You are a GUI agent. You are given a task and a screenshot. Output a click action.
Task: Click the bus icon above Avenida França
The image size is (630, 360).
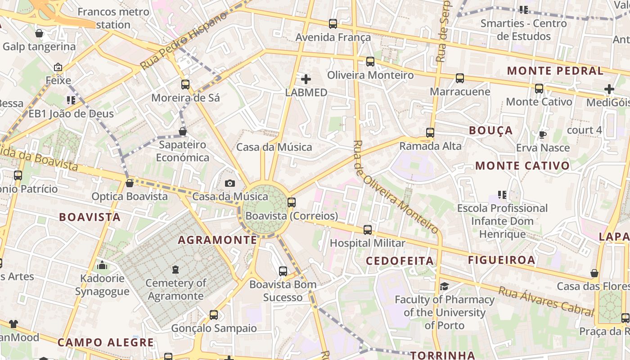coord(333,24)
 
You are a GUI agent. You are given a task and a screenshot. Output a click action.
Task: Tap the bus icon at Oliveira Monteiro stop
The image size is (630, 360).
coord(370,62)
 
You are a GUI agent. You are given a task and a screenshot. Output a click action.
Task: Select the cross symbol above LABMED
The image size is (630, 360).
coord(306,80)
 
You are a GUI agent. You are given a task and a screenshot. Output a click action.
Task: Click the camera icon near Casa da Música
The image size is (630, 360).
coord(230,183)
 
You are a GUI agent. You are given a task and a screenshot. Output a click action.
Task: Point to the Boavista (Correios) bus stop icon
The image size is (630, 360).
coord(292,202)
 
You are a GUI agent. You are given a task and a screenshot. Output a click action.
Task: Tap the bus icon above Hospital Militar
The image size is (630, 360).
coord(368,230)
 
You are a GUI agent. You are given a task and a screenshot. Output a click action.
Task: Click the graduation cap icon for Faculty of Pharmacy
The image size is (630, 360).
coord(444,286)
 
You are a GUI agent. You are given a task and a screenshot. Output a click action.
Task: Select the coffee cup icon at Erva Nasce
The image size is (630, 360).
coord(543,135)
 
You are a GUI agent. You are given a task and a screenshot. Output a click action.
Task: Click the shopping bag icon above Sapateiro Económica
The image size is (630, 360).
coord(183,131)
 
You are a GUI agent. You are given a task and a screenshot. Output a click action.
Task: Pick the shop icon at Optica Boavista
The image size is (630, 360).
coord(130,183)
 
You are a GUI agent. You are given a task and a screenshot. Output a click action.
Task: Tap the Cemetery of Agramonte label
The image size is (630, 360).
coord(175,289)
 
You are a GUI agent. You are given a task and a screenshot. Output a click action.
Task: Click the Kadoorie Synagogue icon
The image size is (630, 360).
coord(102,265)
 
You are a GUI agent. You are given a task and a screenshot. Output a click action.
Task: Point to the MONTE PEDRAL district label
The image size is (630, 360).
coord(555,71)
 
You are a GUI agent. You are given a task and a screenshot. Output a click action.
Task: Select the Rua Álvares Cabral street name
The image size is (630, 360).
coord(546,301)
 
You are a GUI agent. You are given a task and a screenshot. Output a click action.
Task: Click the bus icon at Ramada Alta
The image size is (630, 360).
coord(430,133)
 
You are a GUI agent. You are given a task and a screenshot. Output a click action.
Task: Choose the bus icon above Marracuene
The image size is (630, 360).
coord(460,78)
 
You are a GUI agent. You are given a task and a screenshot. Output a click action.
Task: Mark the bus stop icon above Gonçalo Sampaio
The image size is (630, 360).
coord(214,315)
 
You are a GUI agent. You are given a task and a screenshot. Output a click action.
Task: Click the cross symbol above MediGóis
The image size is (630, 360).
coord(609,89)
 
